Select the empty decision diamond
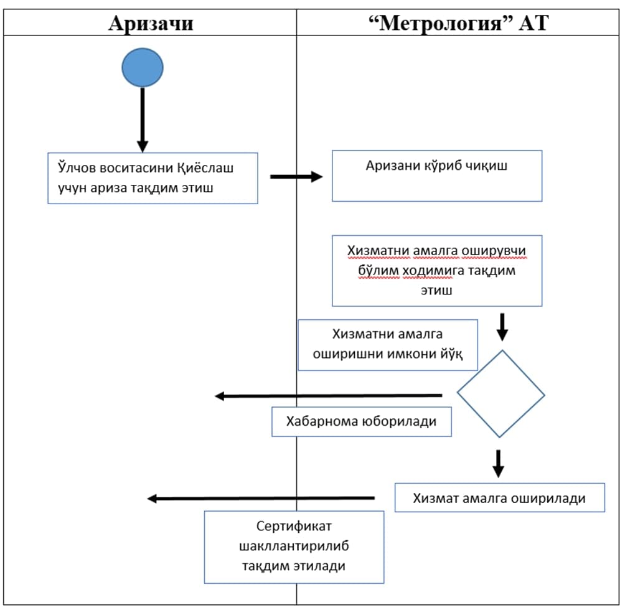point(500,394)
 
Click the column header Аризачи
point(151,23)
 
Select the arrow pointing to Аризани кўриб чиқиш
point(296,177)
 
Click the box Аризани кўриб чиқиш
point(436,176)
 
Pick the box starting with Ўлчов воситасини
point(153,178)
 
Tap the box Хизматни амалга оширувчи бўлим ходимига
point(436,270)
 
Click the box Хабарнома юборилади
point(361,421)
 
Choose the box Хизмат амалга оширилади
point(499,497)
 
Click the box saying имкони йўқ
point(387,345)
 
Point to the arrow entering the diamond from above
point(502,326)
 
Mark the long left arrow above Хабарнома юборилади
point(328,396)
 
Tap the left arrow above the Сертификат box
point(261,498)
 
